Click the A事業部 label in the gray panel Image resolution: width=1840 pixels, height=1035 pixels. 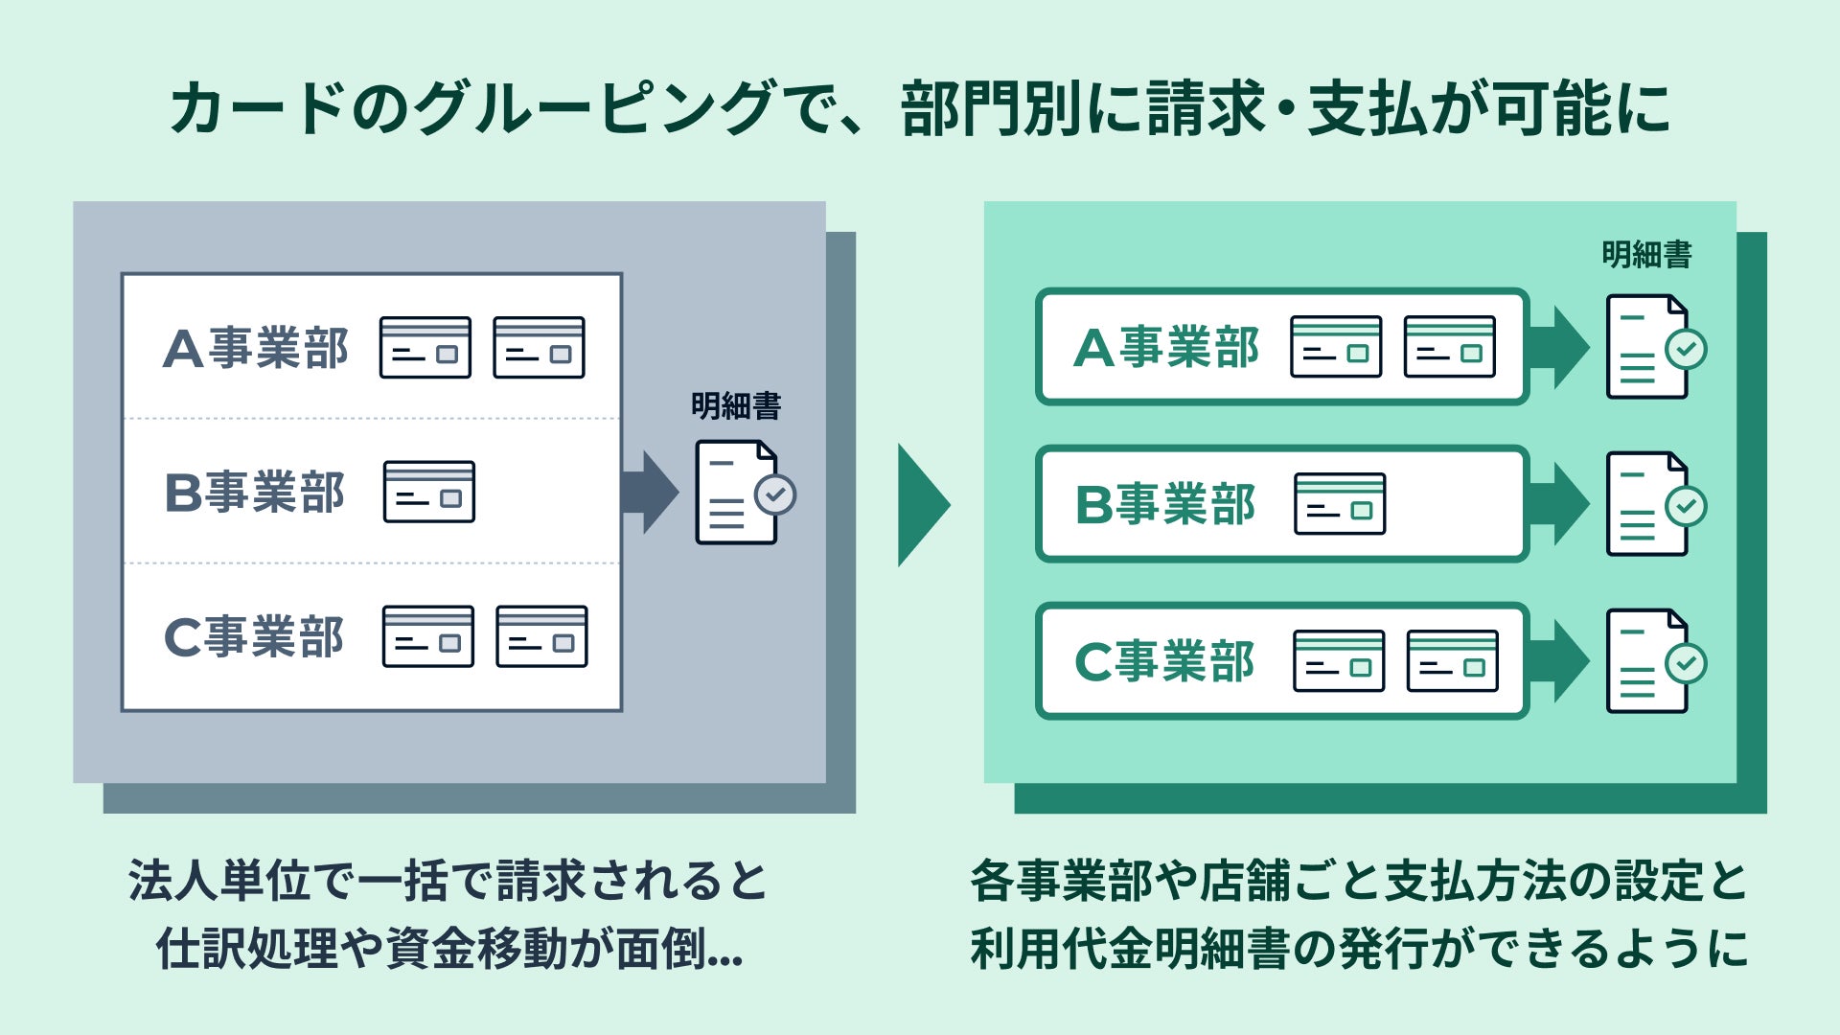256,348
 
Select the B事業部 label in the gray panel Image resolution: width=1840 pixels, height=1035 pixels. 255,493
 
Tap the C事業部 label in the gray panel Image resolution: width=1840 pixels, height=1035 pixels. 254,637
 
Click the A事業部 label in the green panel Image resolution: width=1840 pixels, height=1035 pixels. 1166,347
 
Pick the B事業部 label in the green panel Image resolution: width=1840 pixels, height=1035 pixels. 1165,504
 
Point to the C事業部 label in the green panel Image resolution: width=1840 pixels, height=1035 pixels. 1164,661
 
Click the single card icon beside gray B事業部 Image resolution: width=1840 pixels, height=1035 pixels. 429,492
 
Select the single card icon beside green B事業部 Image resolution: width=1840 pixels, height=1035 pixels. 1340,503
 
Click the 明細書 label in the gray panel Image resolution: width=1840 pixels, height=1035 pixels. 736,406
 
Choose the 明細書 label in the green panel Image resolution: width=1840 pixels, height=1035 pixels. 1646,255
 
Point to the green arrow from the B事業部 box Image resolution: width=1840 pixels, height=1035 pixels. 1559,504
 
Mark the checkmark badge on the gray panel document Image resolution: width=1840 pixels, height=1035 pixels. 775,494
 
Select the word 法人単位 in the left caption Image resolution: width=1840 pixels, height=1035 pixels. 219,881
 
